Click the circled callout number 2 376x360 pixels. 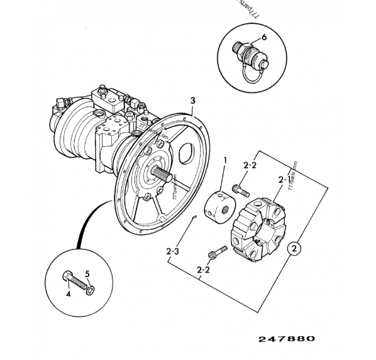[x=294, y=248]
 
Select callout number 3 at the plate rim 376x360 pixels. [x=193, y=101]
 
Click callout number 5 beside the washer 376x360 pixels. [x=88, y=274]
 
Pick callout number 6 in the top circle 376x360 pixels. [x=264, y=37]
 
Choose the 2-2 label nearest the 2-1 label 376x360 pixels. [x=250, y=165]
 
